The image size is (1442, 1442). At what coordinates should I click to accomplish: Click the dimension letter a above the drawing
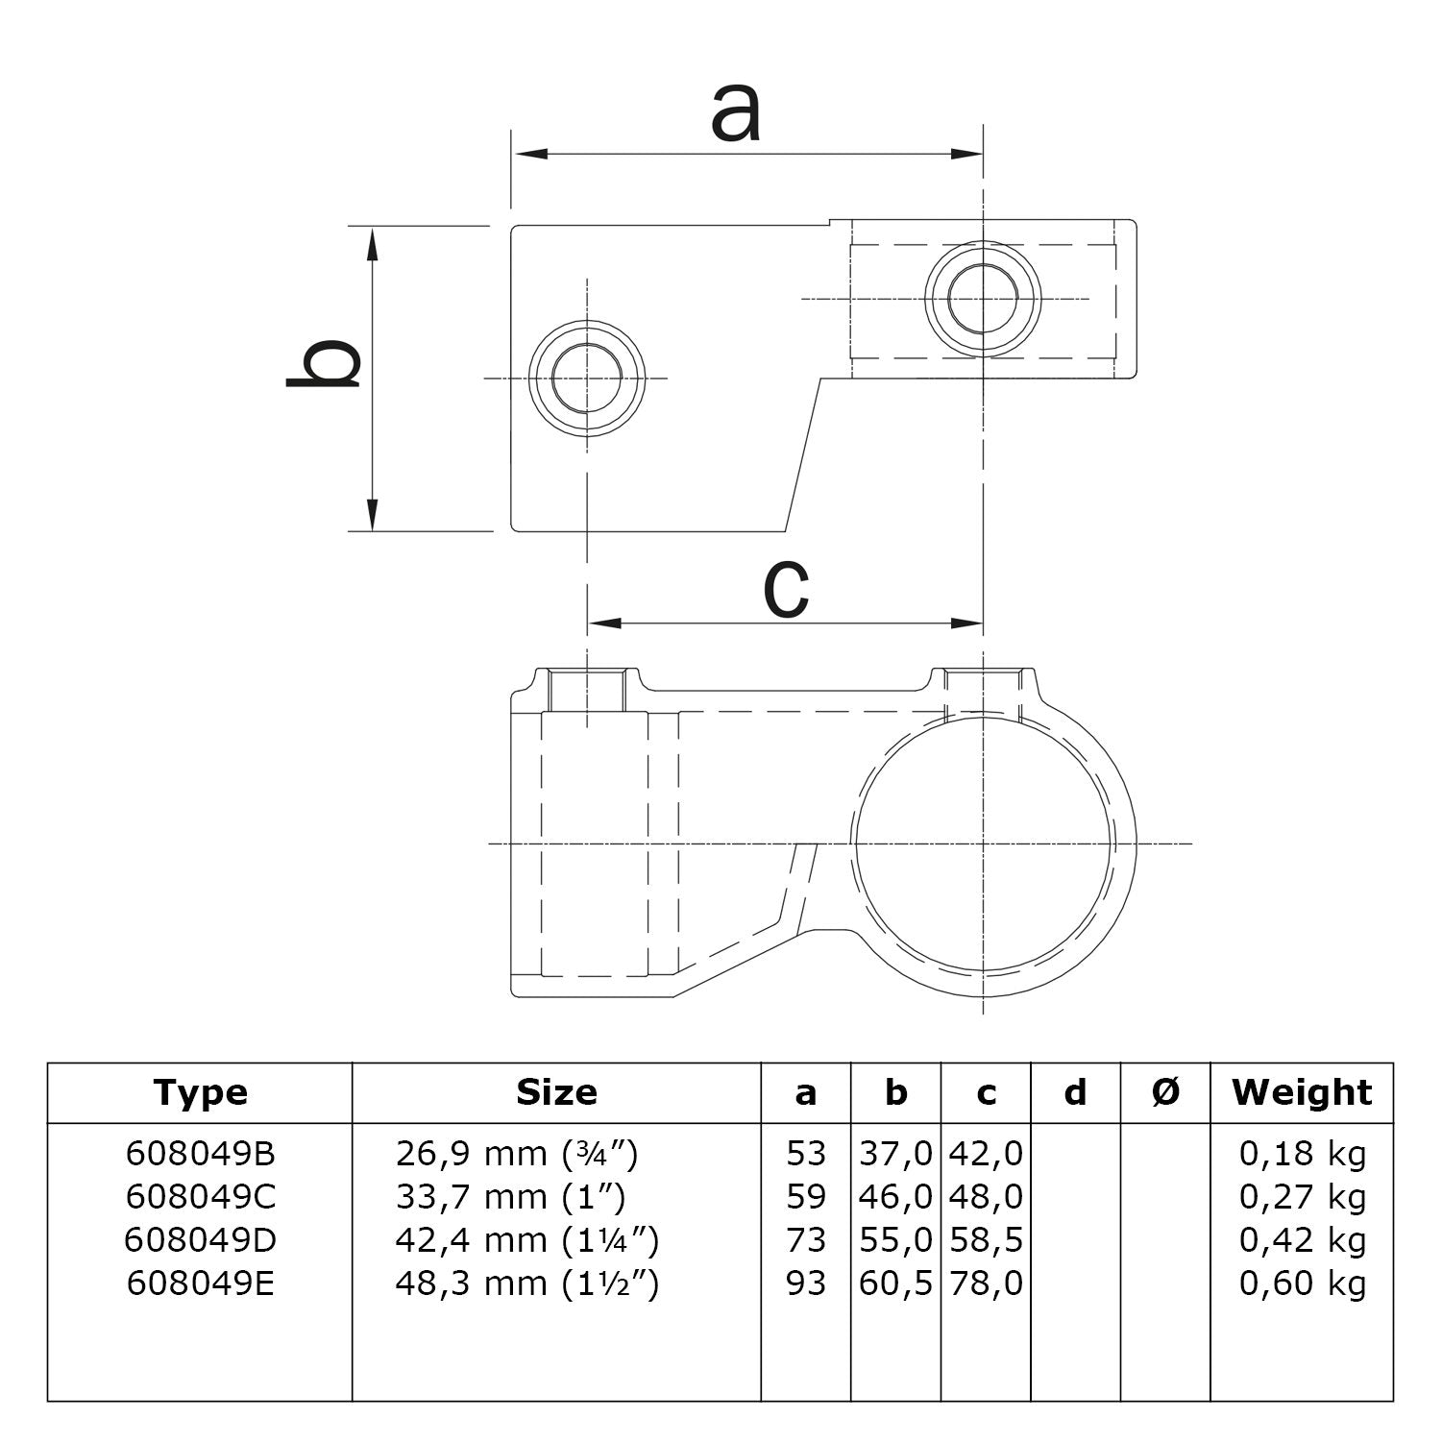click(736, 113)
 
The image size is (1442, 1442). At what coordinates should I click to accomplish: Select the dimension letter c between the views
click(786, 589)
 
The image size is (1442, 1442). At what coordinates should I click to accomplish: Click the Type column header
click(200, 1092)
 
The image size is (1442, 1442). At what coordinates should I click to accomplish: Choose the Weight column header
click(1302, 1092)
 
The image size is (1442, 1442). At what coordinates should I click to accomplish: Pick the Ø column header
click(1165, 1092)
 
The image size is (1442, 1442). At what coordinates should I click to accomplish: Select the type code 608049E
click(200, 1283)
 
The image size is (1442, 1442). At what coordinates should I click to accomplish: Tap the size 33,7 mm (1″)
click(510, 1197)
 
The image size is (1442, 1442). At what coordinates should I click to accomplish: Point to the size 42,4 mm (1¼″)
click(526, 1240)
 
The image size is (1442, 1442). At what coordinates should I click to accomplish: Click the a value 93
click(805, 1283)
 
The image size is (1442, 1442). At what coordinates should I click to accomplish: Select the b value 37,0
click(895, 1153)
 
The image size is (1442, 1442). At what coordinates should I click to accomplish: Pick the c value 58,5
click(986, 1240)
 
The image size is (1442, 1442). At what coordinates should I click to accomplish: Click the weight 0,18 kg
click(1302, 1153)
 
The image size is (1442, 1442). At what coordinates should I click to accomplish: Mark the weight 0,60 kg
click(1302, 1283)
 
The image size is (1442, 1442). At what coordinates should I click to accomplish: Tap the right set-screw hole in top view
click(983, 298)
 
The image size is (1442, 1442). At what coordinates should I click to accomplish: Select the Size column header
click(556, 1092)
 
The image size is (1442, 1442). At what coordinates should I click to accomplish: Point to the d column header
click(1076, 1092)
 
